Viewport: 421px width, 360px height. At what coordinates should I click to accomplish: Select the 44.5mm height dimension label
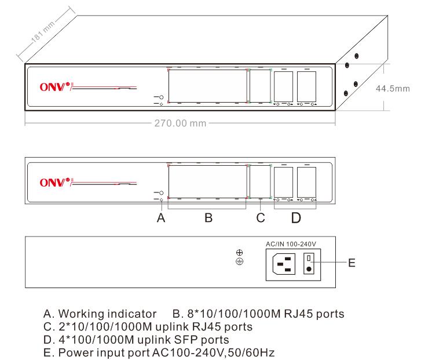[393, 88]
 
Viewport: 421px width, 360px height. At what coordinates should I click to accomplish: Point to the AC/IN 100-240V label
[294, 245]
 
